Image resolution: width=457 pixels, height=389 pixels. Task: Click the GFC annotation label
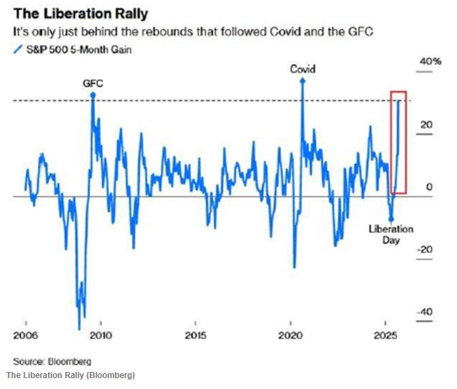(x=92, y=83)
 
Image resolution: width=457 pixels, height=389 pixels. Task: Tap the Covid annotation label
(x=303, y=69)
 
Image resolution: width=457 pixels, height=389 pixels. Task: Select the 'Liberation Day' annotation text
(x=390, y=234)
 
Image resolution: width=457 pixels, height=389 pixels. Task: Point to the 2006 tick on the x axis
(x=25, y=336)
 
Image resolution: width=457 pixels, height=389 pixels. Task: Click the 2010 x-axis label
(x=101, y=336)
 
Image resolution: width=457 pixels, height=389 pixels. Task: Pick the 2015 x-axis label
(x=196, y=336)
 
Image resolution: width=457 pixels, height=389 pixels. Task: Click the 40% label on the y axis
(x=430, y=62)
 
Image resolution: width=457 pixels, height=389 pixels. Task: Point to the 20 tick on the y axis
(x=426, y=125)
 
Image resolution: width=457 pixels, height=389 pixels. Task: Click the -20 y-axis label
(x=424, y=249)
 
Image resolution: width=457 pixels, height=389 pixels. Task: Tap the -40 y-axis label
(x=424, y=312)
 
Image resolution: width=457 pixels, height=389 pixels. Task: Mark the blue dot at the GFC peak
(x=92, y=96)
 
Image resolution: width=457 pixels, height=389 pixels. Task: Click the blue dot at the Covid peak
(x=303, y=80)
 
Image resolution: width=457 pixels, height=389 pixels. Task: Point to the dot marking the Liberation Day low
(x=390, y=219)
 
